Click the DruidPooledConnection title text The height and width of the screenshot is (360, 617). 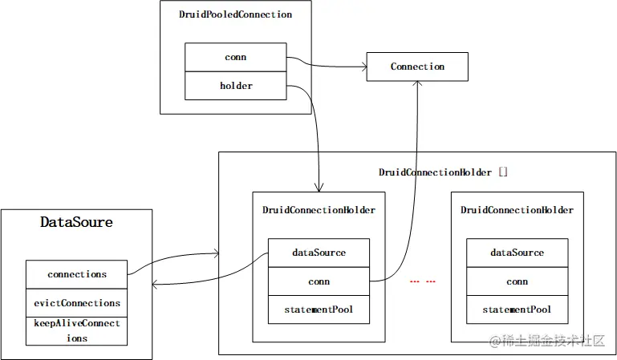[x=236, y=14]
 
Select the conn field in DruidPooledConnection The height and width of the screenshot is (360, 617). [x=236, y=58]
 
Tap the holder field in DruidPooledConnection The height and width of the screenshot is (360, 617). [x=236, y=85]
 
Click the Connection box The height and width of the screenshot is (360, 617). [x=417, y=67]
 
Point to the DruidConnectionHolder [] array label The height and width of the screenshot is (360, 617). [x=443, y=172]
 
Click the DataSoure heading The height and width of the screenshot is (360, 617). [x=76, y=222]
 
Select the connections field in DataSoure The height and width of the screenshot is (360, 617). [x=76, y=274]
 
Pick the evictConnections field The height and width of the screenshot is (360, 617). [x=76, y=303]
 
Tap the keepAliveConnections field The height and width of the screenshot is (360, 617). [x=76, y=330]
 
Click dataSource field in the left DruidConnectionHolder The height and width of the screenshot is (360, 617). [x=319, y=253]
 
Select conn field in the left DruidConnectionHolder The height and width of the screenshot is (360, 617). [x=319, y=281]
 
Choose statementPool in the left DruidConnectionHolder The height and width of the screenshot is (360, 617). [x=319, y=309]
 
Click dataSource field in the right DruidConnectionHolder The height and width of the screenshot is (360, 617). [x=517, y=253]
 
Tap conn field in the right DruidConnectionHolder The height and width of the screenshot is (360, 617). [x=517, y=281]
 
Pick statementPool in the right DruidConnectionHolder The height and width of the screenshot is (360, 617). [x=517, y=309]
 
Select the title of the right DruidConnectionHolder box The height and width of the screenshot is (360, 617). [x=517, y=210]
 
